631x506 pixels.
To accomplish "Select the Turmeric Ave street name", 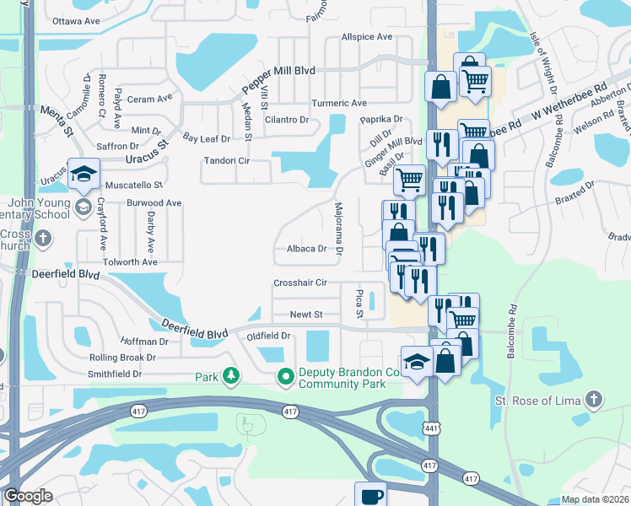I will [339, 104].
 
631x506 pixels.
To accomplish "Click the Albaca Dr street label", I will [306, 249].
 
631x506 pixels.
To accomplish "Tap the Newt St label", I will [306, 315].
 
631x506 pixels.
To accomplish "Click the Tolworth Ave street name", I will [130, 262].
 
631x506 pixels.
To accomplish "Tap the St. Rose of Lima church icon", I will [595, 398].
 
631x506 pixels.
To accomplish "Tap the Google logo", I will [28, 496].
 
